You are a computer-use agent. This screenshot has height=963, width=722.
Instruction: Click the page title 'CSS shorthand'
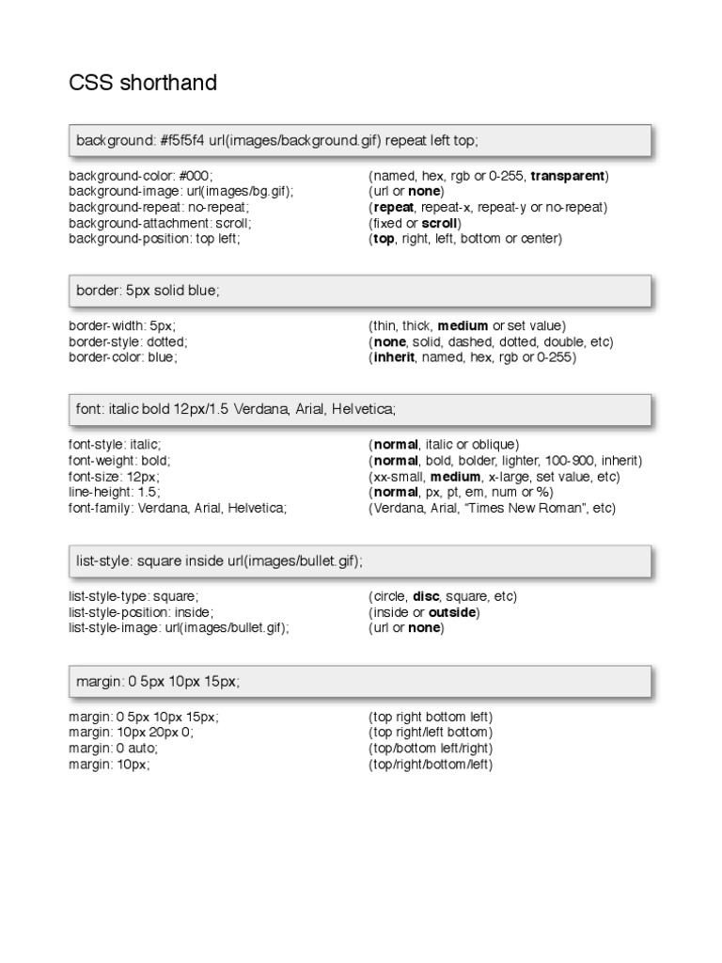[143, 83]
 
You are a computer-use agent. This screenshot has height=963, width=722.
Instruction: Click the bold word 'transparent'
[570, 176]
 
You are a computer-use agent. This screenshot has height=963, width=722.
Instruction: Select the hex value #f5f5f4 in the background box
[184, 140]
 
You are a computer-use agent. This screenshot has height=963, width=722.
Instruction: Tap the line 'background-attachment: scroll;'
[160, 223]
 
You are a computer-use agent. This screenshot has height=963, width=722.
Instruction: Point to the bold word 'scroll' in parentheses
[438, 223]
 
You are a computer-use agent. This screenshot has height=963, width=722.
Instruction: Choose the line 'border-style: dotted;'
[128, 341]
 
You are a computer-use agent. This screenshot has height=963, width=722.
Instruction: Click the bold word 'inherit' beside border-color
[393, 357]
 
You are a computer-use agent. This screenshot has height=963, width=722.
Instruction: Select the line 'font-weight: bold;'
[120, 461]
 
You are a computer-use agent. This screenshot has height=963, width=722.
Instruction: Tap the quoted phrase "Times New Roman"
[534, 508]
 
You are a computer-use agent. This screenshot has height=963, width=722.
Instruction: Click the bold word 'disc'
[426, 596]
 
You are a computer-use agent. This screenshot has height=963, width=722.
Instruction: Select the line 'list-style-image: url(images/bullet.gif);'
[179, 627]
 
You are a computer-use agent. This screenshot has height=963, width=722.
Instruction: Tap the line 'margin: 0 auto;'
[114, 748]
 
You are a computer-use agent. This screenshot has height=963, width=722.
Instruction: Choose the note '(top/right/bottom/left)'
[431, 764]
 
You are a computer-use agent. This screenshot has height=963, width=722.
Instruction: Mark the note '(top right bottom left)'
[431, 716]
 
